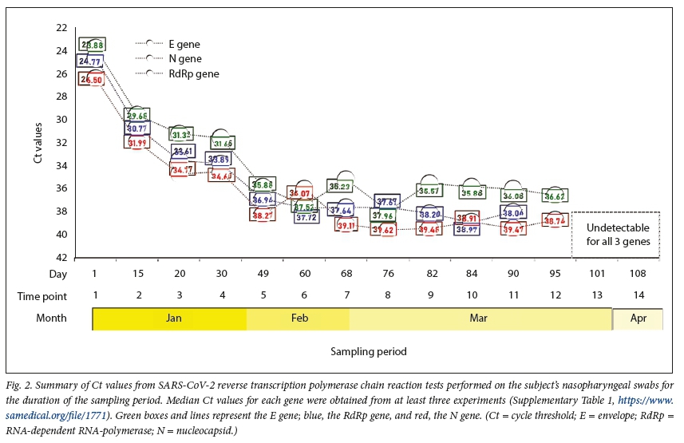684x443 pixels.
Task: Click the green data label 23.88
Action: (x=92, y=45)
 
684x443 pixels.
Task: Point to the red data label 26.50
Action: (x=91, y=79)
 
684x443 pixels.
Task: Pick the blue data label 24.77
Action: (x=90, y=61)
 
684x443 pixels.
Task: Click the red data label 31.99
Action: (x=136, y=142)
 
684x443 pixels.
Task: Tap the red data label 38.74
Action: (x=556, y=220)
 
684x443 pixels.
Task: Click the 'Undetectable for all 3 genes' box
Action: (x=615, y=235)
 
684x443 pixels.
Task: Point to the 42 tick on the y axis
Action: (x=61, y=258)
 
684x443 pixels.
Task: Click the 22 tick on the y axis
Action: (x=61, y=28)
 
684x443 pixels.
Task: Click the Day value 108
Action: (x=637, y=274)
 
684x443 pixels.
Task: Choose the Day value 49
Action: (x=263, y=274)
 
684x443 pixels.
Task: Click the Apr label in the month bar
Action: (x=637, y=318)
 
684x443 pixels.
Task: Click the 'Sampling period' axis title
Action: (x=369, y=351)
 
